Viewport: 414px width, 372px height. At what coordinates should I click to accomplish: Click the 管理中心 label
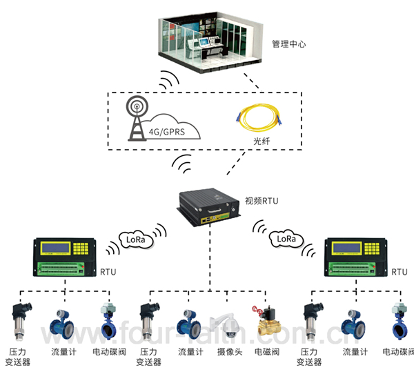(x=289, y=43)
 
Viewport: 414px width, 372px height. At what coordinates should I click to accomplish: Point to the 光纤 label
(x=261, y=142)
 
